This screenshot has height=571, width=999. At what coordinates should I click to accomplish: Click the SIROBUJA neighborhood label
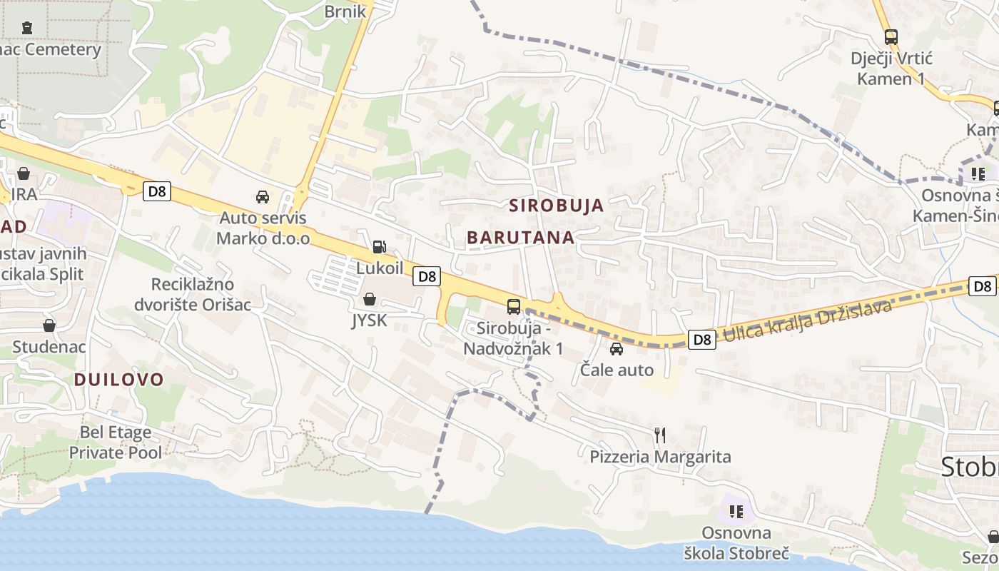pyautogui.click(x=557, y=206)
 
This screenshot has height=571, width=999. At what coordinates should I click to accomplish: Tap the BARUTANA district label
pyautogui.click(x=521, y=238)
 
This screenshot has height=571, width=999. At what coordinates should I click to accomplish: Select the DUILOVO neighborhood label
pyautogui.click(x=119, y=380)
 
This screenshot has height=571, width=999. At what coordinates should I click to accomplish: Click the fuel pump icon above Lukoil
pyautogui.click(x=379, y=247)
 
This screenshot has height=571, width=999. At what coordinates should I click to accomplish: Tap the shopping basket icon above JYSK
pyautogui.click(x=370, y=299)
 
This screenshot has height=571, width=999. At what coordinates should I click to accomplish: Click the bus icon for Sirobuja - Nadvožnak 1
pyautogui.click(x=513, y=307)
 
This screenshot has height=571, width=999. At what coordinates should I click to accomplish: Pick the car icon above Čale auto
pyautogui.click(x=617, y=349)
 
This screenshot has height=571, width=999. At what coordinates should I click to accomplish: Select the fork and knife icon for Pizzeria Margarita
pyautogui.click(x=660, y=435)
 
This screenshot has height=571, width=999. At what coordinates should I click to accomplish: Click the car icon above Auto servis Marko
pyautogui.click(x=263, y=196)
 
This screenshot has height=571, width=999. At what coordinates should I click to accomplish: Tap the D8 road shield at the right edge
pyautogui.click(x=983, y=286)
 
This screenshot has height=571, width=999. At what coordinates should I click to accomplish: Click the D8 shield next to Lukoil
pyautogui.click(x=427, y=276)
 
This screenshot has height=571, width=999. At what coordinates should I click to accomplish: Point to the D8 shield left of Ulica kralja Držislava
pyautogui.click(x=703, y=340)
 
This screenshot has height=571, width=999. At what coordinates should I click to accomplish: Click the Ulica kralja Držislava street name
pyautogui.click(x=808, y=320)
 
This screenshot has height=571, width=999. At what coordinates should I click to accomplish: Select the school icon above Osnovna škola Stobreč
pyautogui.click(x=736, y=511)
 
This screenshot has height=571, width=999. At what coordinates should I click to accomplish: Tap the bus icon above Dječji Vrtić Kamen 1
pyautogui.click(x=891, y=36)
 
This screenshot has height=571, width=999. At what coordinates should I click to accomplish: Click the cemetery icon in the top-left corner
pyautogui.click(x=27, y=28)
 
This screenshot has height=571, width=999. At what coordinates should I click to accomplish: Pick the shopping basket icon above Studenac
pyautogui.click(x=49, y=325)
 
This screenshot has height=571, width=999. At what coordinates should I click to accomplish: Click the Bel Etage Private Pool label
pyautogui.click(x=116, y=442)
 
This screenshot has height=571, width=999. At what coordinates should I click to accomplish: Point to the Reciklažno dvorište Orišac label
pyautogui.click(x=184, y=294)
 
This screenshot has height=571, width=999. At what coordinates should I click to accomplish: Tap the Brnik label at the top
pyautogui.click(x=345, y=11)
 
